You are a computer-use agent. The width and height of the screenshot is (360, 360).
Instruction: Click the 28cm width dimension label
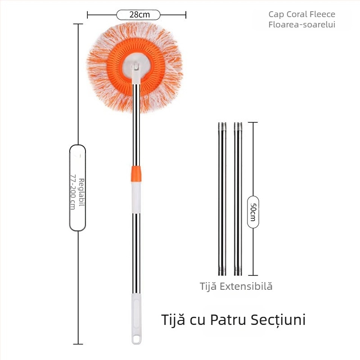[139, 15]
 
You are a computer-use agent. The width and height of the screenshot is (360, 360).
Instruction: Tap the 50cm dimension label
[253, 212]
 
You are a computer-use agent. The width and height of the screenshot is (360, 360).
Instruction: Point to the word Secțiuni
[278, 319]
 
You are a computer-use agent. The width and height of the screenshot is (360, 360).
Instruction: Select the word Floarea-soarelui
[301, 25]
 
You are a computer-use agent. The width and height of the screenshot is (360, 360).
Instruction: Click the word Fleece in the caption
[322, 14]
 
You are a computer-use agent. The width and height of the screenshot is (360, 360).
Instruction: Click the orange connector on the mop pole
[136, 174]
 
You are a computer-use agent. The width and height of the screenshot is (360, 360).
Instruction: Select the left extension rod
[222, 199]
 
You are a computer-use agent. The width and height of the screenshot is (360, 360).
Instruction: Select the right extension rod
[238, 199]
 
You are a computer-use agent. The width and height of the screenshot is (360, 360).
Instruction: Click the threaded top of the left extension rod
[222, 126]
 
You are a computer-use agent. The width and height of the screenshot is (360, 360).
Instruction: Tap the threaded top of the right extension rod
[238, 126]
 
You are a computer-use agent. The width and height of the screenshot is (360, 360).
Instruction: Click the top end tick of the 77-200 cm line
[78, 24]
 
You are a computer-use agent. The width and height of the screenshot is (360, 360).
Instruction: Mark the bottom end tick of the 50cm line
[253, 275]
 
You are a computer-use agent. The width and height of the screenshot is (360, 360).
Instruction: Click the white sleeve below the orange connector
[136, 198]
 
